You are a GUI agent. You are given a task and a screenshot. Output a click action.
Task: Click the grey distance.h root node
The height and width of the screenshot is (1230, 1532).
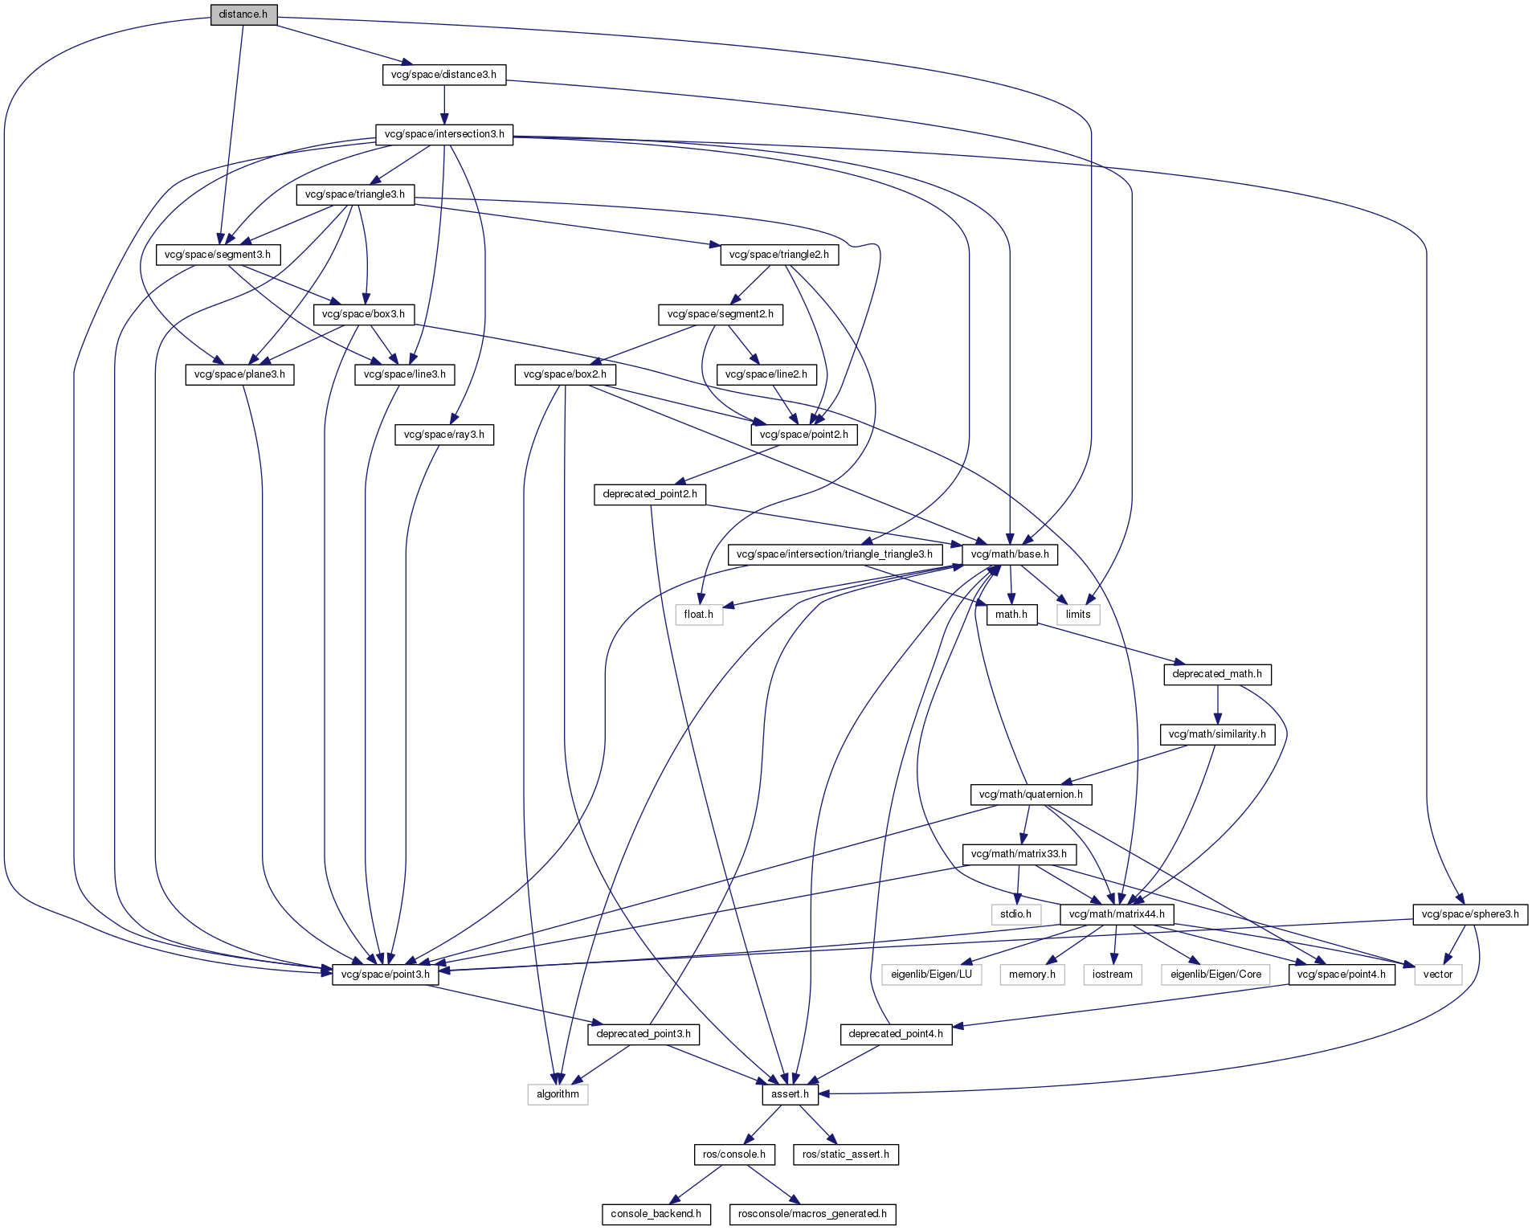(x=243, y=14)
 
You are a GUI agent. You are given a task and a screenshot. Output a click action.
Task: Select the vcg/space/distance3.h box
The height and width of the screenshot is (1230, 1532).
(x=443, y=75)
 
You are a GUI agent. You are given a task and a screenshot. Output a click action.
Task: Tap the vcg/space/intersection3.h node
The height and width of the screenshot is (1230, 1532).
(x=444, y=134)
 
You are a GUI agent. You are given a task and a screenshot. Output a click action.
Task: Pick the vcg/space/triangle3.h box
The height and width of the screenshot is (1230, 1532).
(x=355, y=194)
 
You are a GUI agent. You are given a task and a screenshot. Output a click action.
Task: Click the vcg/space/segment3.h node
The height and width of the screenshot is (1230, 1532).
(x=218, y=255)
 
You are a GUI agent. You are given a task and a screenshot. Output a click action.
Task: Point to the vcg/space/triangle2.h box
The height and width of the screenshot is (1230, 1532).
(x=778, y=255)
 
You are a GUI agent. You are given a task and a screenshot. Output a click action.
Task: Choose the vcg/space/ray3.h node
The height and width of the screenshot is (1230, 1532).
(x=444, y=435)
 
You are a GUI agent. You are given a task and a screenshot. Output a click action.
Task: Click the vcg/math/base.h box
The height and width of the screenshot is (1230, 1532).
(x=1010, y=554)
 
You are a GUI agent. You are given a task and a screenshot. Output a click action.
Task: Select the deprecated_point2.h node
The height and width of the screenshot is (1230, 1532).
(x=650, y=494)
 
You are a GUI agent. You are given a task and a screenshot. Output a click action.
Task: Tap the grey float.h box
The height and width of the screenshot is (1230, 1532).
(x=699, y=615)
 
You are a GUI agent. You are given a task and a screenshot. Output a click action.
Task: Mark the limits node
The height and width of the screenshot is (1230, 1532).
(x=1078, y=615)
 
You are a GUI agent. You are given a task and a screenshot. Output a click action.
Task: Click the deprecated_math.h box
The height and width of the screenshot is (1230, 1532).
(x=1217, y=674)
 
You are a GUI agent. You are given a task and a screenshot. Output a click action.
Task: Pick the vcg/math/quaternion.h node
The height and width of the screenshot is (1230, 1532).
(x=1031, y=795)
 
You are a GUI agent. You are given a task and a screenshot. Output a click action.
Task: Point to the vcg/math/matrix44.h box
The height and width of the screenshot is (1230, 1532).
(x=1116, y=914)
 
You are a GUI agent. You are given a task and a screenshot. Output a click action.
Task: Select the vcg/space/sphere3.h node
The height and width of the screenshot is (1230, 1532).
(x=1470, y=914)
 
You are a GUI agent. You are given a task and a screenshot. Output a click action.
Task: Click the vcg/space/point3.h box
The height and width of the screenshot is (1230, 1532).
(x=386, y=975)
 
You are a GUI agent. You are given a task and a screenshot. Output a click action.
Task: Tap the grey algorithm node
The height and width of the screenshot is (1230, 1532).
(x=558, y=1094)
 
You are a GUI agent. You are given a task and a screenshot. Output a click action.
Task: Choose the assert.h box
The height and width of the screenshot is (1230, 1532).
(x=789, y=1094)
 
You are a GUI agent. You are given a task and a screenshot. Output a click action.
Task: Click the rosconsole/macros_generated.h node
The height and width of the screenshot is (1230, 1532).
(x=812, y=1214)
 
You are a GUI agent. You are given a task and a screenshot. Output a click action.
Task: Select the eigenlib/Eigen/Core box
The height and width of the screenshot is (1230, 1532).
(x=1215, y=975)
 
